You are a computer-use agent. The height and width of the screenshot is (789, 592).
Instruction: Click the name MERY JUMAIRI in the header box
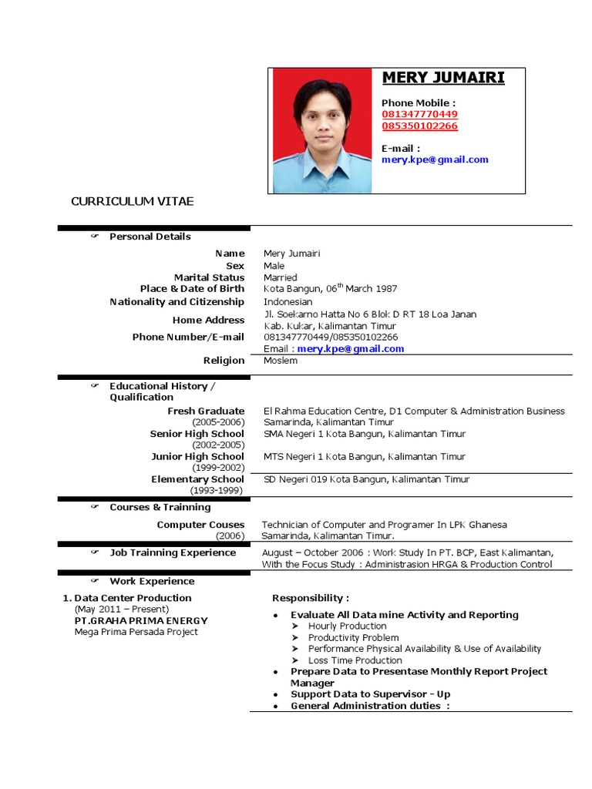point(443,79)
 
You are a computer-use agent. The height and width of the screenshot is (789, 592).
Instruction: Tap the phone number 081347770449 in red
point(419,114)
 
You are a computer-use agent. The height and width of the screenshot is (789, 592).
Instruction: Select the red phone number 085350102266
point(419,126)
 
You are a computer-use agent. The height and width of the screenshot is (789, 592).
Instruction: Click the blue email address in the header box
point(435,159)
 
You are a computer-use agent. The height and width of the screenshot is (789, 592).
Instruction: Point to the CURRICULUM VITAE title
point(133,201)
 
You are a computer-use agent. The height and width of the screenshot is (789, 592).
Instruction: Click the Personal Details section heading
point(150,237)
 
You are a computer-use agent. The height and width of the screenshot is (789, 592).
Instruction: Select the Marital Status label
point(209,277)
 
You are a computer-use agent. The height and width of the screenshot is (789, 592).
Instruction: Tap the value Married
point(280,277)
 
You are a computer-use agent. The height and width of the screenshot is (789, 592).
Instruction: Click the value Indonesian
point(288,302)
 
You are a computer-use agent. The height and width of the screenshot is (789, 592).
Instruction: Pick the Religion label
point(224,360)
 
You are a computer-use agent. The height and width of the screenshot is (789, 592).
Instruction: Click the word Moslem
point(280,360)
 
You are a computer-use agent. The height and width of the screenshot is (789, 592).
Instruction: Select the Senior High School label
point(197,434)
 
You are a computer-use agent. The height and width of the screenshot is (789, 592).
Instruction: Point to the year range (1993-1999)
point(217,490)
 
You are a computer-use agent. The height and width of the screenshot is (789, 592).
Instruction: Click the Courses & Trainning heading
point(160,507)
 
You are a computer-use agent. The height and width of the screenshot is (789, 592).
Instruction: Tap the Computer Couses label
point(200,525)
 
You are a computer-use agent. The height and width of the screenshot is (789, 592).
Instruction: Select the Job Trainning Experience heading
point(173,552)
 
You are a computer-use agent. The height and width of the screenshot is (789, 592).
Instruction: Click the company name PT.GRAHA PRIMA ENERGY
point(141,620)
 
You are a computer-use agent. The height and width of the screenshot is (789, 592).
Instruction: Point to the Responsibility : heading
point(311,598)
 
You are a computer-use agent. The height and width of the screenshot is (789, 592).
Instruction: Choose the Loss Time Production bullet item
point(355,660)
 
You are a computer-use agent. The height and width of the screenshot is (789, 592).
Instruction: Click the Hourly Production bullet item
point(347,626)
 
